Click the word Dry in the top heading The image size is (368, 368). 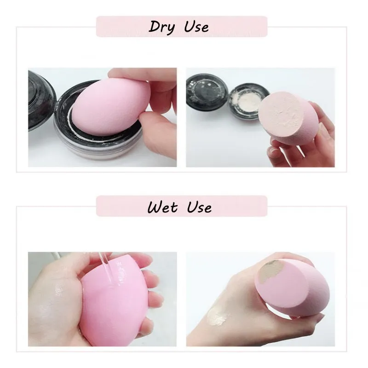[x=162, y=27]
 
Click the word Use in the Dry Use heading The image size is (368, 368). [x=196, y=27]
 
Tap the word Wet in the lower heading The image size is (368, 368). [x=162, y=207]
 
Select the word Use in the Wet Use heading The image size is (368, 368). [x=200, y=207]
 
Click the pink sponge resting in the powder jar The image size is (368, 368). [x=111, y=107]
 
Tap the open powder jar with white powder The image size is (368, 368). [x=249, y=101]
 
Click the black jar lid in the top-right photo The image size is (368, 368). [x=207, y=92]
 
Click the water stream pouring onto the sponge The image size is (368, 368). [x=106, y=268]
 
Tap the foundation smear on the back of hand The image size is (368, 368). [x=218, y=316]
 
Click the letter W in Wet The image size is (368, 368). [x=155, y=207]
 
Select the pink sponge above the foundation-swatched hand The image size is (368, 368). [x=292, y=287]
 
